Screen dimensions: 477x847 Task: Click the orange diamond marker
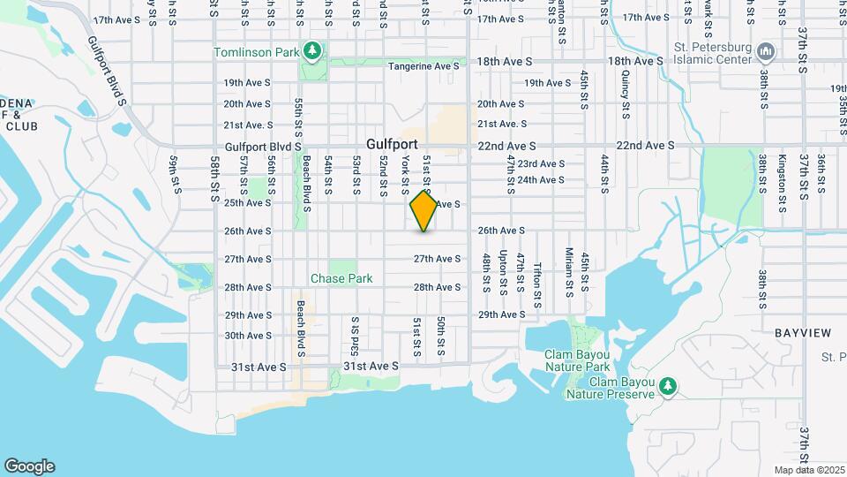click(x=424, y=211)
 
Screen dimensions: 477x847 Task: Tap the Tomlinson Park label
click(x=257, y=52)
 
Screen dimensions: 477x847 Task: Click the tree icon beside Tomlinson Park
click(x=311, y=51)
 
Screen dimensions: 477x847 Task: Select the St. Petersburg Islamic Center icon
click(x=766, y=51)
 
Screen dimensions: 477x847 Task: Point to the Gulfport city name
click(x=393, y=145)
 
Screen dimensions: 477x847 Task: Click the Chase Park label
click(x=341, y=278)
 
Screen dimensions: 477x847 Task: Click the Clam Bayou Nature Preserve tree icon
click(x=669, y=385)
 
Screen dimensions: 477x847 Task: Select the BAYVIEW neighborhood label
click(x=803, y=333)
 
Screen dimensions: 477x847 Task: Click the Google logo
click(x=29, y=466)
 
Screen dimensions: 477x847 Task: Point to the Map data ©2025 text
click(x=809, y=470)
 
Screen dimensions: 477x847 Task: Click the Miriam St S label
click(x=570, y=272)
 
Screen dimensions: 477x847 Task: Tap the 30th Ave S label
click(x=247, y=336)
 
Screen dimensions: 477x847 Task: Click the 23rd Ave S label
click(x=541, y=163)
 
